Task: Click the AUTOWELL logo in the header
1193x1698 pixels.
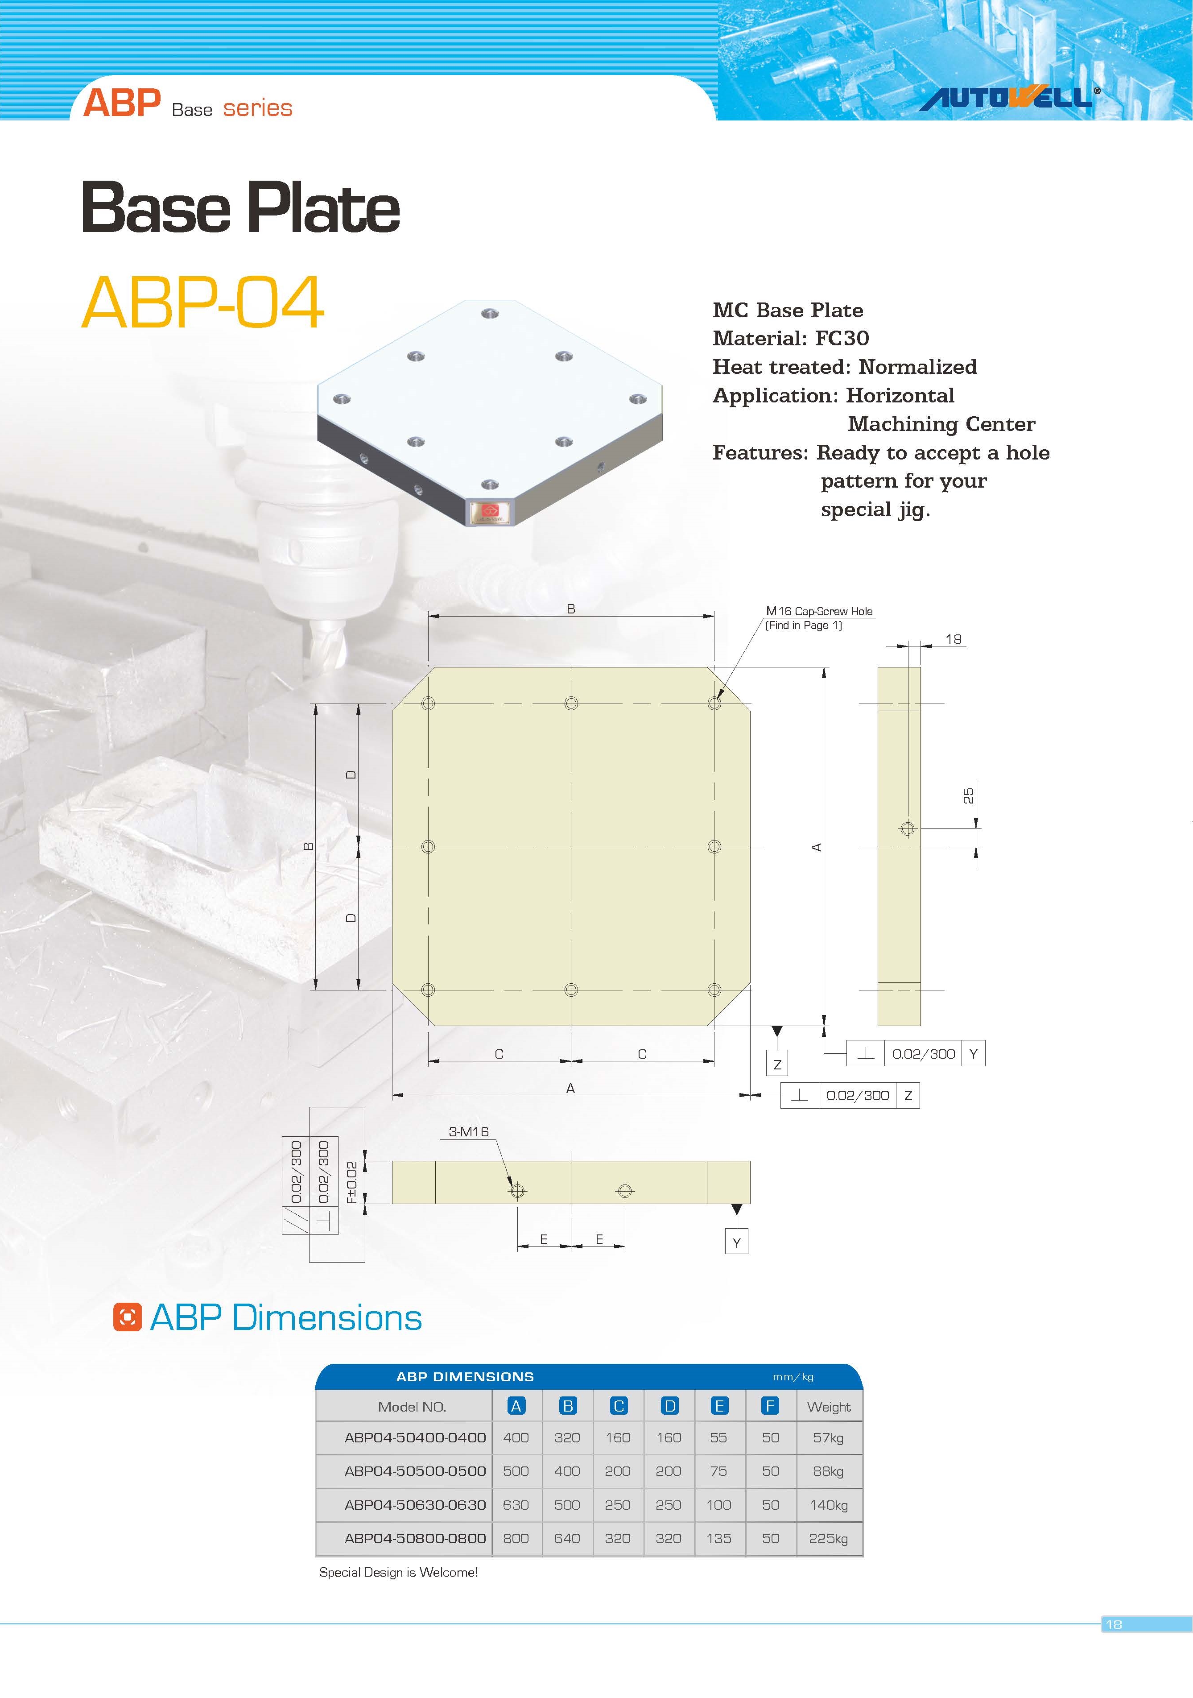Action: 1008,98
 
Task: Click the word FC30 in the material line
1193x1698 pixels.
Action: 842,339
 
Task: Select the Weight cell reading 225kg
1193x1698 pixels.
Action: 828,1538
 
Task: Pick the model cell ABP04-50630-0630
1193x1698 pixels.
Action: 415,1505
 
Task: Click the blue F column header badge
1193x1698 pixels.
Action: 770,1406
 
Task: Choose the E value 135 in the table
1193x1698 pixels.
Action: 718,1538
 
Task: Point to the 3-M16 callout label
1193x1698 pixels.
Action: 469,1131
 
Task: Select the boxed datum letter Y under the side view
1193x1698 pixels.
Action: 736,1243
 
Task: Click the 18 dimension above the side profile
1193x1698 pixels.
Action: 954,639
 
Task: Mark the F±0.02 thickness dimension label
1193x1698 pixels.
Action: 352,1182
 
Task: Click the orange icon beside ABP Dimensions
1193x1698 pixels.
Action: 127,1318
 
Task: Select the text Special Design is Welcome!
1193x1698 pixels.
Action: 398,1572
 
